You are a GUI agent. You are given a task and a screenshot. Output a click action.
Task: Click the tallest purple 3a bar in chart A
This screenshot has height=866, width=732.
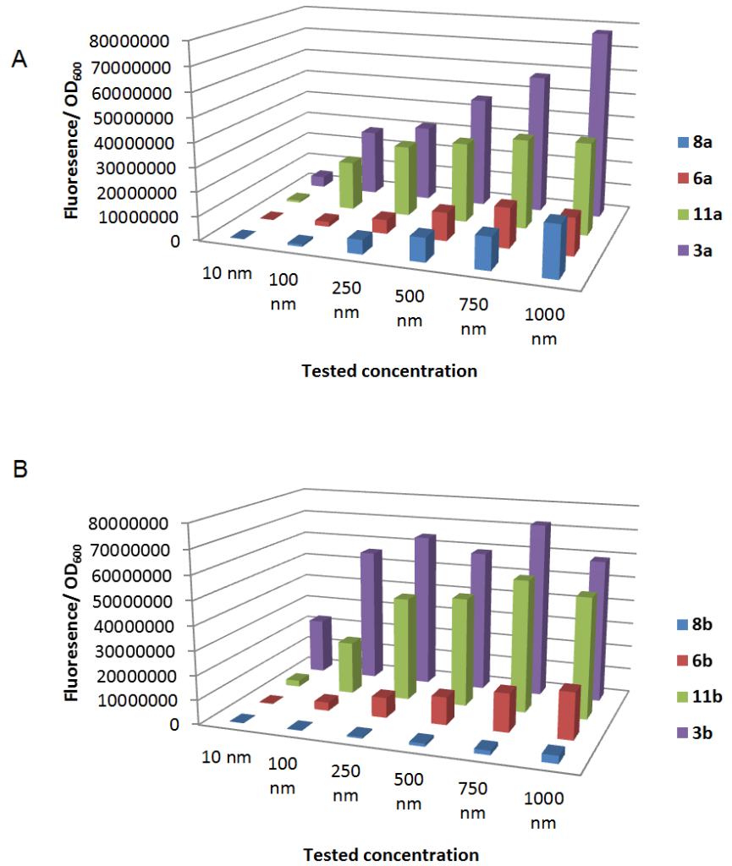point(599,127)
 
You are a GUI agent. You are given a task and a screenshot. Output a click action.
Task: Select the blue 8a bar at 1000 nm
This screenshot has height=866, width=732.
point(553,249)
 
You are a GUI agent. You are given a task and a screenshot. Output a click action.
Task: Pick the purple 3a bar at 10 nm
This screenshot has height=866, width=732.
point(319,178)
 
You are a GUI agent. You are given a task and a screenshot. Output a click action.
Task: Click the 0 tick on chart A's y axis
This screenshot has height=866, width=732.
point(174,240)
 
